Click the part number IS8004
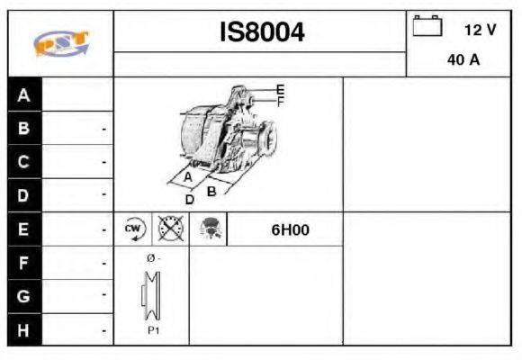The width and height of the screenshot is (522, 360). (x=262, y=33)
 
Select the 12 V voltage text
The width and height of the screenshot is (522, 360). (x=480, y=30)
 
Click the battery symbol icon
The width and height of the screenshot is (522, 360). (x=427, y=27)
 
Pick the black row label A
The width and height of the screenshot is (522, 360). (x=24, y=95)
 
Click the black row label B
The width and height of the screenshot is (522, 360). (x=24, y=129)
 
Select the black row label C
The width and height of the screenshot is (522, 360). (x=24, y=162)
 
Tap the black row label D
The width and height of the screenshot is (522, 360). (x=24, y=195)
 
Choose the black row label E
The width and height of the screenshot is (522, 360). (x=24, y=229)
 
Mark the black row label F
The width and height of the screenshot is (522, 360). (x=24, y=263)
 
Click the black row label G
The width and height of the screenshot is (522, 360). (x=24, y=296)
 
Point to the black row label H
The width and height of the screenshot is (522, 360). (x=24, y=329)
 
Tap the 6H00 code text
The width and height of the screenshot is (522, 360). (x=290, y=229)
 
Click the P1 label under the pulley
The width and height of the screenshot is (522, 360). (x=153, y=330)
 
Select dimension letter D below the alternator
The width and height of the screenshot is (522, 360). (x=190, y=200)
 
